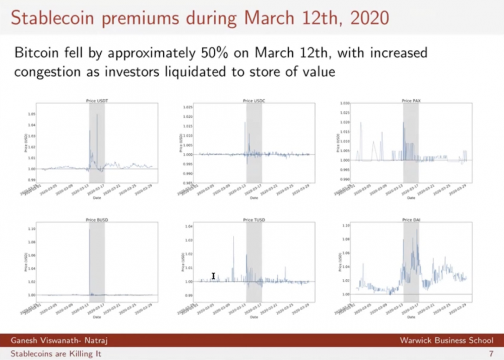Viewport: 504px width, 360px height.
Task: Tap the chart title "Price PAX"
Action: [411, 101]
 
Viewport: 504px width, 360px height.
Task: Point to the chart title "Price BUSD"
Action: [97, 220]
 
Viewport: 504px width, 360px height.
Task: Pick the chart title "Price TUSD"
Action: [254, 220]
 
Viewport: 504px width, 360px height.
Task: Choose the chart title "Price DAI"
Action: [411, 220]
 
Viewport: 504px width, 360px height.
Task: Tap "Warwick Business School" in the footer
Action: [447, 341]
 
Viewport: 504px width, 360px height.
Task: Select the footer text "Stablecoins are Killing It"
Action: [56, 353]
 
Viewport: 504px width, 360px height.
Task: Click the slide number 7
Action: [491, 353]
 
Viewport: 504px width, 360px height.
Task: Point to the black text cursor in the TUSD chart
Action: [214, 276]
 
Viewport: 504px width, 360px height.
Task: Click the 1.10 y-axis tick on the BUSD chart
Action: [31, 229]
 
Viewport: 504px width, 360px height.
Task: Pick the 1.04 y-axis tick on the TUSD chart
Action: [188, 227]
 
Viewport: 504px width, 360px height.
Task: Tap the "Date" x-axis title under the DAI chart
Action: [411, 317]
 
